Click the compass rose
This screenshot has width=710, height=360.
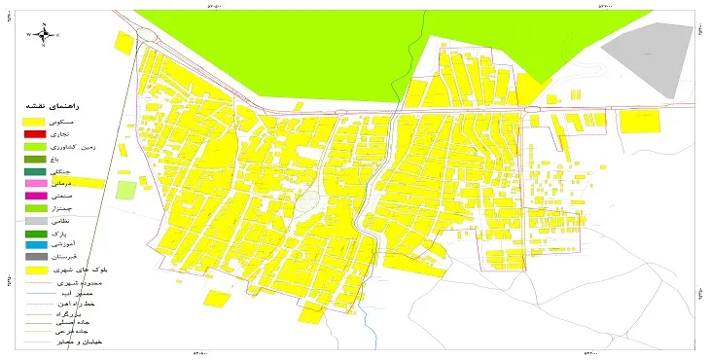(x=45, y=34)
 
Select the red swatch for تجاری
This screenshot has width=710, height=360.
(x=34, y=132)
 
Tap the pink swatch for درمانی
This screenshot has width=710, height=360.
(x=34, y=183)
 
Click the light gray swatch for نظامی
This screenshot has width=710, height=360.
(x=34, y=221)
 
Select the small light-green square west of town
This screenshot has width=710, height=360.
(x=125, y=190)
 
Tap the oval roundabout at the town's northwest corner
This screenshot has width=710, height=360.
(x=148, y=35)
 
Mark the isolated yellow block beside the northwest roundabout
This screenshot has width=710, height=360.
(x=124, y=43)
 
